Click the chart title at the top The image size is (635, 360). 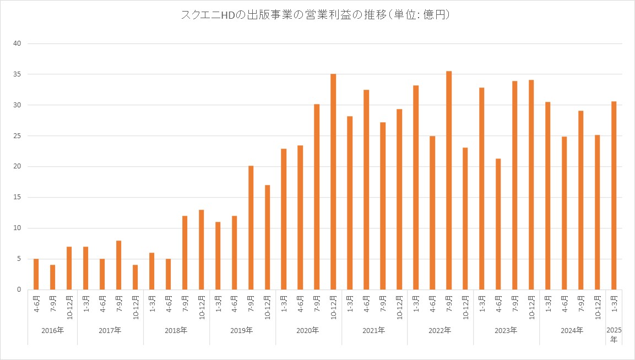coord(317,15)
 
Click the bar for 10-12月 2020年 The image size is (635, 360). coord(333,182)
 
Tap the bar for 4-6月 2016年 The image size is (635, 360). coord(36,274)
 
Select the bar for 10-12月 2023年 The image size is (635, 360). coord(531,185)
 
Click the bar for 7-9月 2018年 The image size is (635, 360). coord(184,253)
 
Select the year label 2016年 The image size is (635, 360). coord(52,331)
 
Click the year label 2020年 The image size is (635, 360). coord(308,331)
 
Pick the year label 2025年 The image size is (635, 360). coord(614,335)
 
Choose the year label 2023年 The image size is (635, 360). coord(506,331)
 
